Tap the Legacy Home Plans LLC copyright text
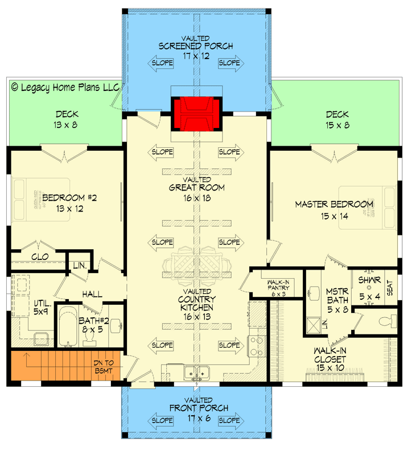pyautogui.click(x=65, y=88)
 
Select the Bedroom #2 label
pyautogui.click(x=70, y=203)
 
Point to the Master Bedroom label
pyautogui.click(x=334, y=209)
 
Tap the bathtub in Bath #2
pyautogui.click(x=69, y=327)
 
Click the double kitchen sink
pyautogui.click(x=196, y=373)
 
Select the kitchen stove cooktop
pyautogui.click(x=256, y=345)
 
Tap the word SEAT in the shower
pyautogui.click(x=390, y=288)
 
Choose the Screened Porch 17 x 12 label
pyautogui.click(x=196, y=51)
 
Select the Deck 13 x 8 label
pyautogui.click(x=67, y=119)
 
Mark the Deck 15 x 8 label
pyautogui.click(x=337, y=119)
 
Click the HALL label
pyautogui.click(x=92, y=294)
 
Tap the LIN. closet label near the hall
pyautogui.click(x=79, y=265)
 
